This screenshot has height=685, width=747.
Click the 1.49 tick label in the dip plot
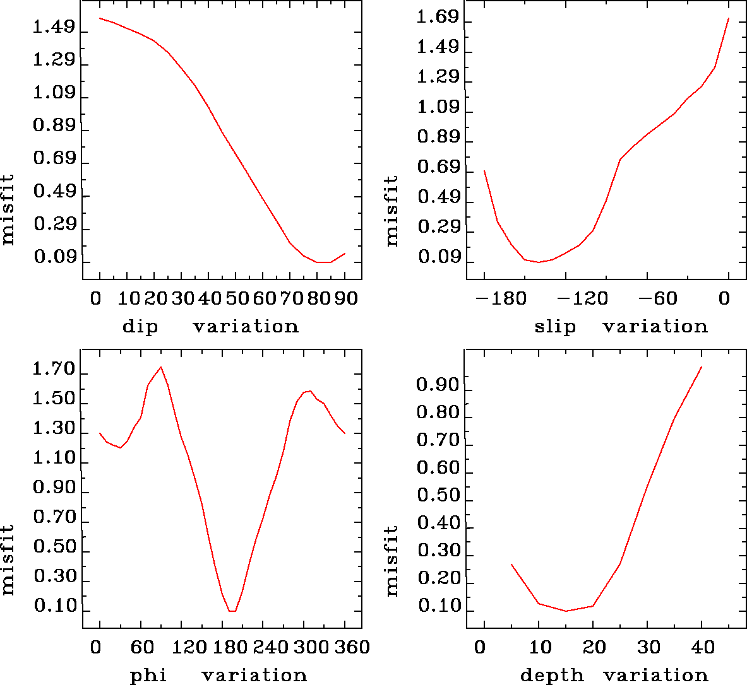click(x=54, y=28)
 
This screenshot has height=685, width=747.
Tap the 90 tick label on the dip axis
click(x=345, y=298)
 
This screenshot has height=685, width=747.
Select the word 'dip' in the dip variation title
click(x=140, y=327)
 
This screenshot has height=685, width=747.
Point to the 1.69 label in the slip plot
click(x=438, y=17)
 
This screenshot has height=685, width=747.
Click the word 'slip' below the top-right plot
click(x=555, y=327)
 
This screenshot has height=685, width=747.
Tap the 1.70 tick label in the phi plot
click(x=54, y=370)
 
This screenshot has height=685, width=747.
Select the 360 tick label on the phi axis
click(x=345, y=647)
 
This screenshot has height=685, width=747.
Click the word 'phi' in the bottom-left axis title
click(x=148, y=676)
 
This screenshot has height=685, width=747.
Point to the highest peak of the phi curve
click(x=161, y=367)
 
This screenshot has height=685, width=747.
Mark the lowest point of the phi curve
click(x=232, y=611)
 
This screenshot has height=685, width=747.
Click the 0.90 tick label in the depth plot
click(x=438, y=385)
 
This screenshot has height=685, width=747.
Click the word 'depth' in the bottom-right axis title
click(x=552, y=676)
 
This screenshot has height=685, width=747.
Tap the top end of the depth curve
click(x=701, y=367)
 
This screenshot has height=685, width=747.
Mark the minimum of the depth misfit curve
click(x=566, y=611)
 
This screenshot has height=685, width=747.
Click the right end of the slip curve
click(x=728, y=18)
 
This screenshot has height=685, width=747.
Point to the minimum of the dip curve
click(x=324, y=262)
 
